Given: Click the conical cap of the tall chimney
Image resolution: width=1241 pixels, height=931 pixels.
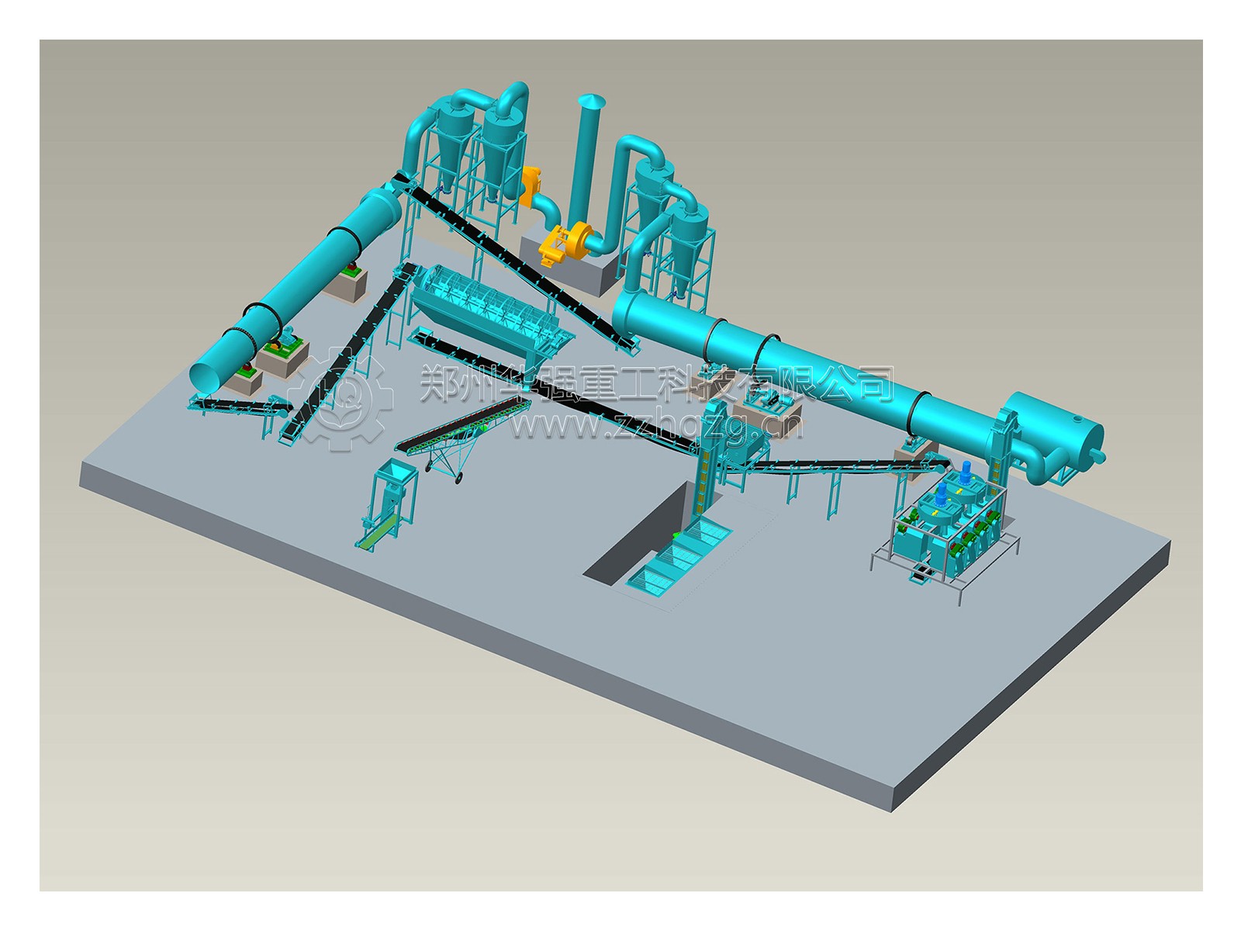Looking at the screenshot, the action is pos(591,101).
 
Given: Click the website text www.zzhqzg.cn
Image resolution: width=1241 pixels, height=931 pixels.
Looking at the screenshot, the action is pos(656,424).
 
